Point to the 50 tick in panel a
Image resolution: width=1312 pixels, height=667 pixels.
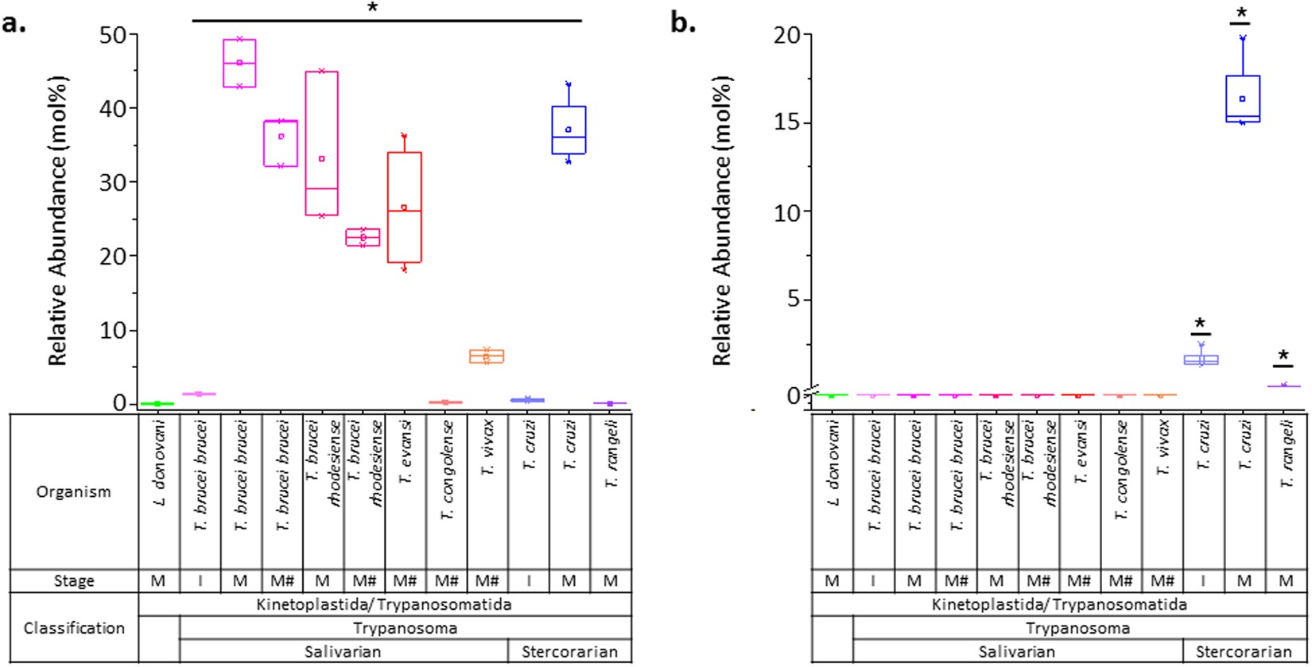pos(118,34)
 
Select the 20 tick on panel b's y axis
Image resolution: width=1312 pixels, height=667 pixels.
pos(789,34)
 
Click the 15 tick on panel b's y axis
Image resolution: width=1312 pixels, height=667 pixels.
pos(789,123)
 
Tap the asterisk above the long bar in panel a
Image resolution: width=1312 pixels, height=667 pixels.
pos(372,9)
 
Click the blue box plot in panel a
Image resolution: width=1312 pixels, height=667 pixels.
pos(569,130)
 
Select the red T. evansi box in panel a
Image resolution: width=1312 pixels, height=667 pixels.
pos(404,207)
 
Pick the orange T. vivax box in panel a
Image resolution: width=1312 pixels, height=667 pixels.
pos(486,356)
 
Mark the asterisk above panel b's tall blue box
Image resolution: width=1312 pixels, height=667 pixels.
pos(1240,14)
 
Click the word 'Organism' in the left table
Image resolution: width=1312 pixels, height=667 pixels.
pos(73,491)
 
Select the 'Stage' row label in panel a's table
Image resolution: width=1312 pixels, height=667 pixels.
pos(73,580)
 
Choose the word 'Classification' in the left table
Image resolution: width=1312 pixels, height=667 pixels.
pos(73,628)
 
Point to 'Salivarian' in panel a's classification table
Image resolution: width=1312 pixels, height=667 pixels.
pos(344,651)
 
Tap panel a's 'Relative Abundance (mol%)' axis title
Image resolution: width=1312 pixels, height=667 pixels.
pos(58,220)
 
